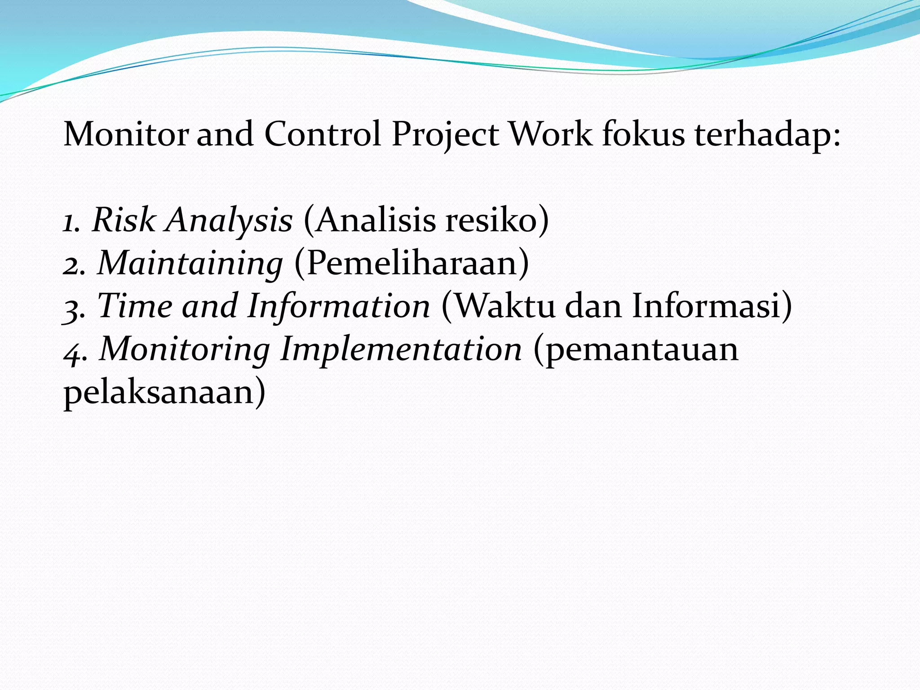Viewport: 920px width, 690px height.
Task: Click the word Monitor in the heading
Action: [x=126, y=134]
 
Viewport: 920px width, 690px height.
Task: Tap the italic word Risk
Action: [x=123, y=220]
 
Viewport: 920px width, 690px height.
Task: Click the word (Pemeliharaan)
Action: [x=411, y=263]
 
